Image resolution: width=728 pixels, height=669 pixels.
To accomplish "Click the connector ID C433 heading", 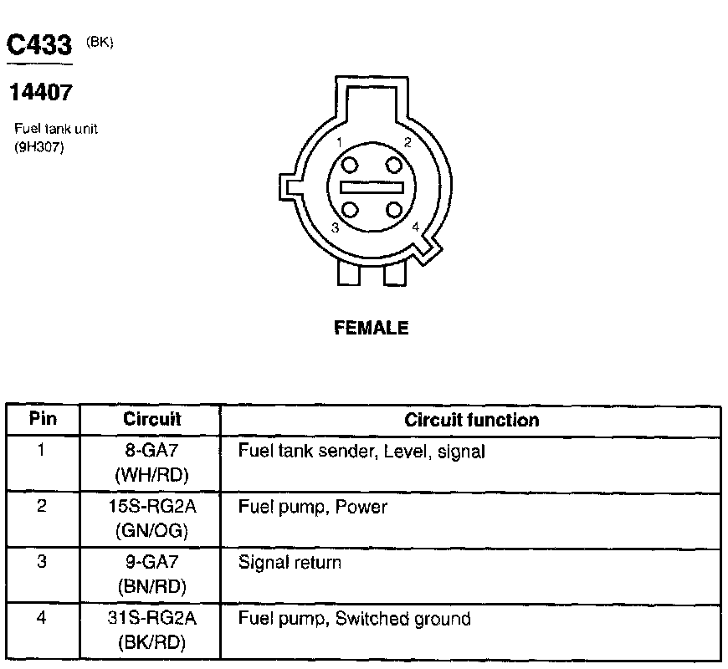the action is (38, 46).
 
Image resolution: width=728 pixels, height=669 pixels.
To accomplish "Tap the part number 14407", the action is (39, 93).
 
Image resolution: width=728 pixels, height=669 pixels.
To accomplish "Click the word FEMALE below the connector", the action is (372, 329).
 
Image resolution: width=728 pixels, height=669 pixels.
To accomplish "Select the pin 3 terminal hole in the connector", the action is (351, 210).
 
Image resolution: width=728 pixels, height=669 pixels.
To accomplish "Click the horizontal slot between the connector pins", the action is (372, 187).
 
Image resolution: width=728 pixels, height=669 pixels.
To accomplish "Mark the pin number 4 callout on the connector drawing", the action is (416, 226).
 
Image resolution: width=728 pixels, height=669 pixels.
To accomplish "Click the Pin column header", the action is (43, 419).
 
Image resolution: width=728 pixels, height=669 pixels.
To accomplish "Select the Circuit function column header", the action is (472, 420).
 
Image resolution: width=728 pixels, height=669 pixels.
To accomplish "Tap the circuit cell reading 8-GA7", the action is (151, 452).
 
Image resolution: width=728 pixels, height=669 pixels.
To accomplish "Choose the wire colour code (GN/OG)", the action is (151, 530).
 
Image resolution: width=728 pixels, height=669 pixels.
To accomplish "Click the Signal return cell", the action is (290, 563).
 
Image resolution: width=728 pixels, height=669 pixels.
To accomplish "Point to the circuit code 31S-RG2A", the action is (151, 620).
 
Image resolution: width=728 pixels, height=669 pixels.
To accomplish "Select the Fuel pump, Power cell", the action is (313, 508).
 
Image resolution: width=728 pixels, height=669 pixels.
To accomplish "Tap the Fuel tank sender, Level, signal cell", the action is (361, 452).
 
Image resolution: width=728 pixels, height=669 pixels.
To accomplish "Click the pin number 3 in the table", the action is (42, 563).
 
